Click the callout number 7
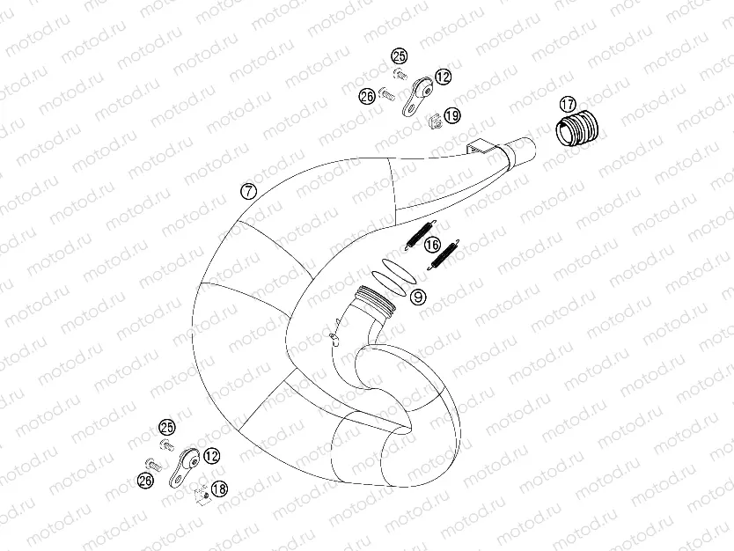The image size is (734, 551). point(249,191)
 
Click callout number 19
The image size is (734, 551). point(451,115)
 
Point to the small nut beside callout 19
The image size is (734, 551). point(433,120)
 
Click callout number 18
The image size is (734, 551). point(219,488)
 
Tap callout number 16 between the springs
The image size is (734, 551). point(431,244)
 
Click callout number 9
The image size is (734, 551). point(418,297)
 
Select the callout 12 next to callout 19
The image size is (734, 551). point(442,77)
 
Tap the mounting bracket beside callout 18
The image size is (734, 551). point(182,465)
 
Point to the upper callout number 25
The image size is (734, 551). point(400,56)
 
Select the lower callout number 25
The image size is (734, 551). point(166,428)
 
